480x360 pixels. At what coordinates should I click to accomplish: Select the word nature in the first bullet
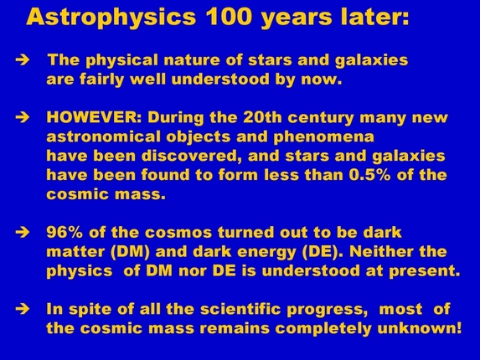(200, 61)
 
